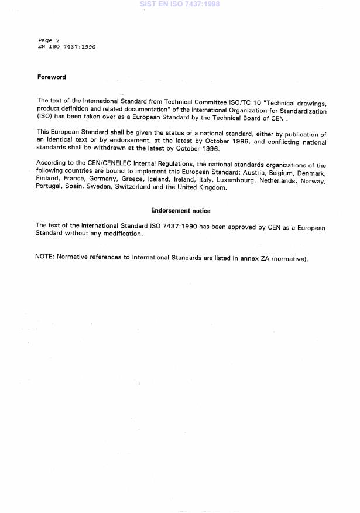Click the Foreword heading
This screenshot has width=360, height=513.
coord(52,77)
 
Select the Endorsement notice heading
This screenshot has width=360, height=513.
coord(180,211)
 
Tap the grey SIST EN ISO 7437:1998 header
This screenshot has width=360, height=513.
coord(180,4)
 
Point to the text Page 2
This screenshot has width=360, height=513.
coord(49,40)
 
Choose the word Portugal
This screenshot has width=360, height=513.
coord(49,187)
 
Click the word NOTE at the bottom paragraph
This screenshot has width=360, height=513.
coord(44,258)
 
